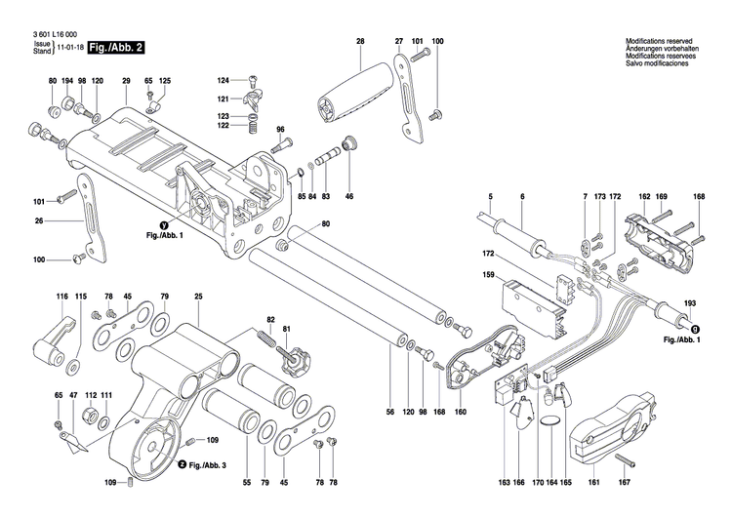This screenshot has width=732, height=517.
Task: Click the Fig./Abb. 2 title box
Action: [x=110, y=48]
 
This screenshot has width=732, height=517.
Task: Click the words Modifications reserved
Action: [x=660, y=38]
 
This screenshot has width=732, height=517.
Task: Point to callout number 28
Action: [x=359, y=42]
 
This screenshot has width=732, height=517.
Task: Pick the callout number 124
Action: [x=223, y=80]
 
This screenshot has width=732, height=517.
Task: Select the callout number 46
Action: [x=349, y=196]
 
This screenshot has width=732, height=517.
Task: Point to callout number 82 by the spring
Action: [x=271, y=320]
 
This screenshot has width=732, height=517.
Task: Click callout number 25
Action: [x=198, y=296]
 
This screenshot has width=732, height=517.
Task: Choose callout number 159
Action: [x=488, y=276]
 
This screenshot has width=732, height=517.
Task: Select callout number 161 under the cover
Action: [x=593, y=482]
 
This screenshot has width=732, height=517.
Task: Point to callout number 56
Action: [x=390, y=414]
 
